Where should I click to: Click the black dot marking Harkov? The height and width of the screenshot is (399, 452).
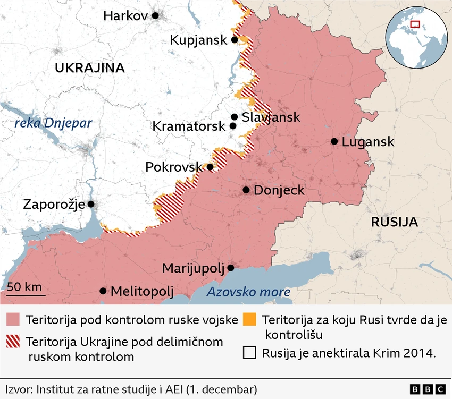(155, 16)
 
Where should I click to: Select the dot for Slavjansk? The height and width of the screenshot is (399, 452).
(234, 117)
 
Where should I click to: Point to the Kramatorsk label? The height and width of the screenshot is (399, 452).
(189, 126)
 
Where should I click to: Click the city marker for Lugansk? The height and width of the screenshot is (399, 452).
(334, 141)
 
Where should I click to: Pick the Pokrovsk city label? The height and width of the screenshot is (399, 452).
(174, 167)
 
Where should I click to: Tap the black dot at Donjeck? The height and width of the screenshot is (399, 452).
(246, 190)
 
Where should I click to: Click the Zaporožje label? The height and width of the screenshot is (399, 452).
(53, 204)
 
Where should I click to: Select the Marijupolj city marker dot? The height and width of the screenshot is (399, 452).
(231, 268)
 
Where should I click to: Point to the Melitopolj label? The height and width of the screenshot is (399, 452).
(142, 291)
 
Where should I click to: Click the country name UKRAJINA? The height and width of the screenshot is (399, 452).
(89, 67)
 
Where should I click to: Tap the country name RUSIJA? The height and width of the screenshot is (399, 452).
(394, 222)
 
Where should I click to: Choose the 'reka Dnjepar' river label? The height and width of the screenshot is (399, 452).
(53, 123)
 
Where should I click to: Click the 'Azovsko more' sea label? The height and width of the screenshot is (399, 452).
(248, 292)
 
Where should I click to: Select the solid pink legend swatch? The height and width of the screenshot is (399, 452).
(13, 320)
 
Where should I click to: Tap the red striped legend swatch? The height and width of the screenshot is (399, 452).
(13, 342)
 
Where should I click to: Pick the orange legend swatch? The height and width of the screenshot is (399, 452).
(249, 320)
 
